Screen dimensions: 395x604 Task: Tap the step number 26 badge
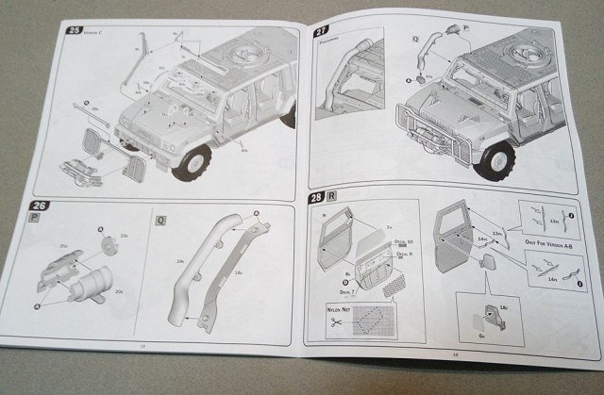40,206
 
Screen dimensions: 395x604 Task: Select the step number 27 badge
321,31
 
